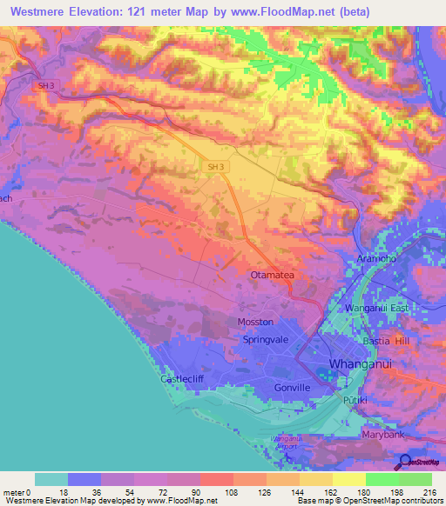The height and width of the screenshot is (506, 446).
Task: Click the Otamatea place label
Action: pos(275,275)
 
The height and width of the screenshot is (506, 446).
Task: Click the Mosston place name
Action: pos(255,322)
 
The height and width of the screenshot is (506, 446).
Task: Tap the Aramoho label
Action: pos(377,260)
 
